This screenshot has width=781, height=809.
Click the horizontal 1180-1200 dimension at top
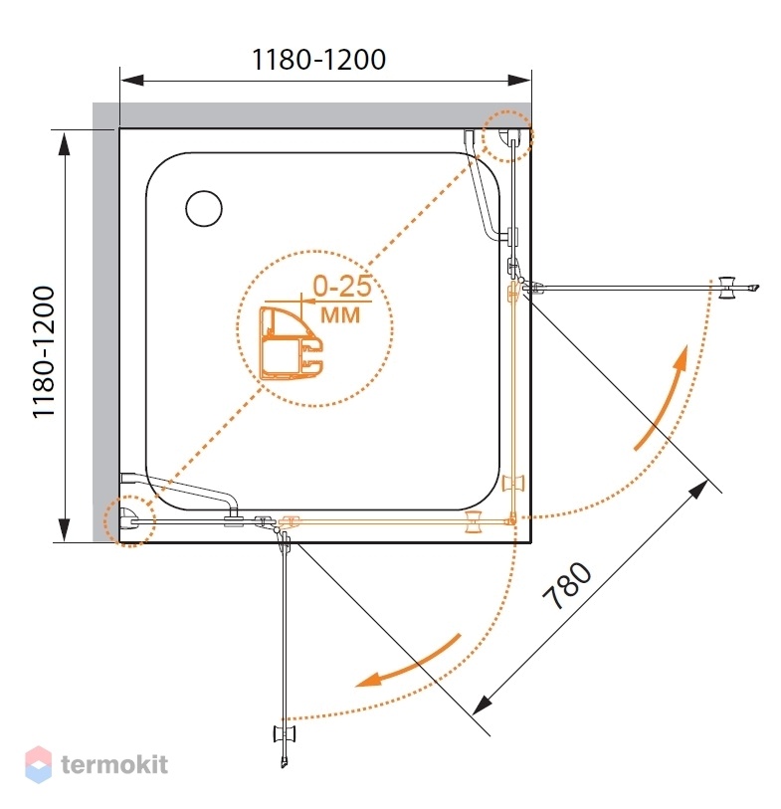pyautogui.click(x=318, y=60)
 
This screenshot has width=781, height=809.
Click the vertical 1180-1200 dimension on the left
pyautogui.click(x=44, y=352)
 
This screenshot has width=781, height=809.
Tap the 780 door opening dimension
pyautogui.click(x=567, y=585)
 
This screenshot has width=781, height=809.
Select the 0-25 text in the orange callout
pyautogui.click(x=342, y=286)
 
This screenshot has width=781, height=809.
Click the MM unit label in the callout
pyautogui.click(x=340, y=314)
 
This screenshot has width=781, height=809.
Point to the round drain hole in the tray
pyautogui.click(x=204, y=208)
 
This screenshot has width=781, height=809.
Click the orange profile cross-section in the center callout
pyautogui.click(x=291, y=343)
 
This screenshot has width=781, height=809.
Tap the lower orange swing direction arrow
pyautogui.click(x=408, y=663)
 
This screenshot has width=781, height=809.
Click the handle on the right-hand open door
pyautogui.click(x=729, y=287)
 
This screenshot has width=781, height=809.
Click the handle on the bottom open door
pyautogui.click(x=285, y=733)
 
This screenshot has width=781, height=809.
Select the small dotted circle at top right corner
pyautogui.click(x=506, y=136)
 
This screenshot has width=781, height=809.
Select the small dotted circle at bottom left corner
pyautogui.click(x=129, y=520)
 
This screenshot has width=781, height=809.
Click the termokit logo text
pyautogui.click(x=114, y=764)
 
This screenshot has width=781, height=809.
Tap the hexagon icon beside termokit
pyautogui.click(x=38, y=764)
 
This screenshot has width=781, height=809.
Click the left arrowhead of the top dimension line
pyautogui.click(x=131, y=80)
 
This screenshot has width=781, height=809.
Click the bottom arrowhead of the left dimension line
pyautogui.click(x=64, y=530)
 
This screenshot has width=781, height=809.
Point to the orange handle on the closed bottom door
pyautogui.click(x=473, y=521)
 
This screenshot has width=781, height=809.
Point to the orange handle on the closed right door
pyautogui.click(x=512, y=483)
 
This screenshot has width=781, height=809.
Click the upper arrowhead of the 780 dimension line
pyautogui.click(x=699, y=488)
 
